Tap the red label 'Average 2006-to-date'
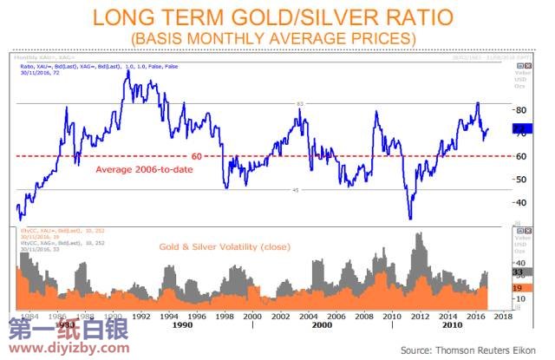click(x=144, y=169)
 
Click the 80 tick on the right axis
click(x=520, y=111)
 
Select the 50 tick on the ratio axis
click(x=520, y=180)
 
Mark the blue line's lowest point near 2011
click(x=410, y=219)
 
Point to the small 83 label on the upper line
click(x=300, y=104)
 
